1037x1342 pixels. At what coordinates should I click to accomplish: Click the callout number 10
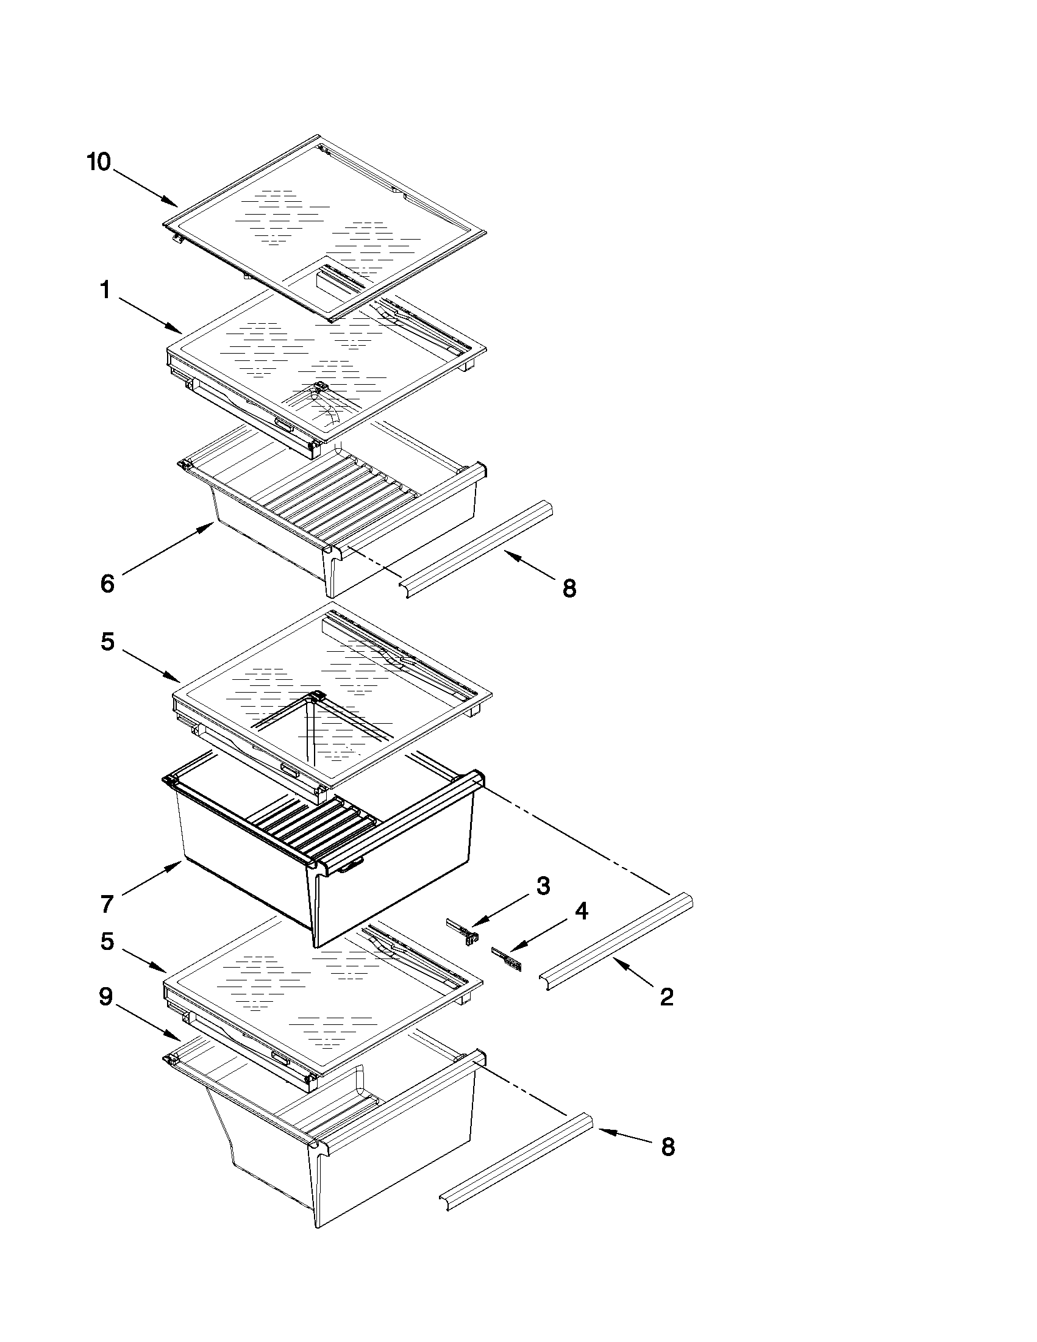[99, 163]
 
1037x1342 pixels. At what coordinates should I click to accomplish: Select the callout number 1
[105, 290]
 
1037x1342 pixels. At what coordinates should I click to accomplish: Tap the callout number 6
[107, 584]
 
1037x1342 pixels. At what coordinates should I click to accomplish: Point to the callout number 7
[107, 904]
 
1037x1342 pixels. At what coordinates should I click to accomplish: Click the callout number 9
[105, 997]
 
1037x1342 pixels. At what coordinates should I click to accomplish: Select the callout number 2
[666, 997]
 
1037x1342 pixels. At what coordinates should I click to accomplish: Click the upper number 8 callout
[569, 588]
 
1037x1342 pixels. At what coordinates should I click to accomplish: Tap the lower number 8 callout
[668, 1147]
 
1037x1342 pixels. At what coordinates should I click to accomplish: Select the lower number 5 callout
[107, 941]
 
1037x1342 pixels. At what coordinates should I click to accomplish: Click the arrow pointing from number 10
[144, 188]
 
